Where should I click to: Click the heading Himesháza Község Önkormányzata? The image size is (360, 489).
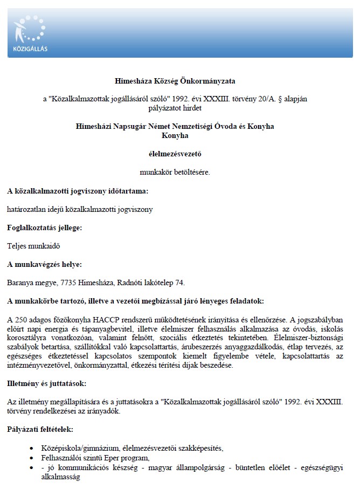tap(176, 81)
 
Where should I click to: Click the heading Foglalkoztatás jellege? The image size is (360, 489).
tap(44, 228)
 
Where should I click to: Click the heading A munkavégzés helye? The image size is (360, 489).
tap(44, 264)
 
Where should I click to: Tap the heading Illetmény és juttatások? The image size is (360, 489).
tap(46, 383)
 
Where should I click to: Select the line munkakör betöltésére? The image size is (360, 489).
tap(176, 172)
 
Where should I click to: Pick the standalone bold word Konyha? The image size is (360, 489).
tap(176, 135)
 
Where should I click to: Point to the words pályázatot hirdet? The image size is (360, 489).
tap(176, 108)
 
